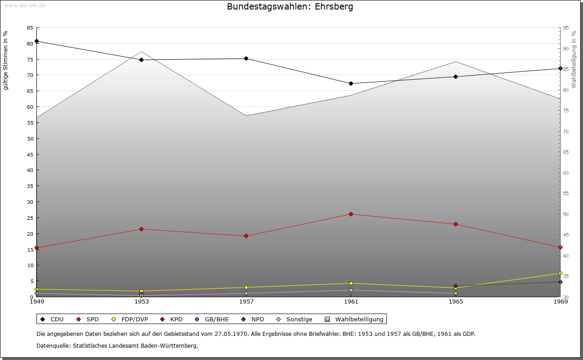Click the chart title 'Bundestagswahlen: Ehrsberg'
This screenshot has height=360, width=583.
click(x=290, y=7)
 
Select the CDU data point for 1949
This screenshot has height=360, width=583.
click(x=37, y=41)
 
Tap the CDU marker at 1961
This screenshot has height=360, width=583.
click(x=351, y=84)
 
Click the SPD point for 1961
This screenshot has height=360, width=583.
click(x=351, y=214)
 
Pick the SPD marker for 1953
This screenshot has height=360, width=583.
click(x=141, y=229)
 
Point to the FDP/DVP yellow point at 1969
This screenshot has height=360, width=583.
click(x=560, y=274)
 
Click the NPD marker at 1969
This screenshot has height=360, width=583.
click(x=560, y=282)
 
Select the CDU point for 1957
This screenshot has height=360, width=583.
click(x=246, y=58)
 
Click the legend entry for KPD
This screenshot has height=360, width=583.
click(x=171, y=319)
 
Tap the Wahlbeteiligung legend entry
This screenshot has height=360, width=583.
click(x=355, y=319)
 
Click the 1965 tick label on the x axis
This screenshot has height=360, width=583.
click(x=455, y=301)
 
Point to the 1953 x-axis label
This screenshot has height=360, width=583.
click(x=141, y=301)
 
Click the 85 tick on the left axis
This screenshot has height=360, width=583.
click(x=30, y=28)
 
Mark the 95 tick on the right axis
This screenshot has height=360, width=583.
click(x=566, y=28)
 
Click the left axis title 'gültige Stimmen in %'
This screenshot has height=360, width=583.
click(x=5, y=60)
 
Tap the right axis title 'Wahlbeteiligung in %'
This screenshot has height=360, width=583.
click(x=574, y=59)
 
